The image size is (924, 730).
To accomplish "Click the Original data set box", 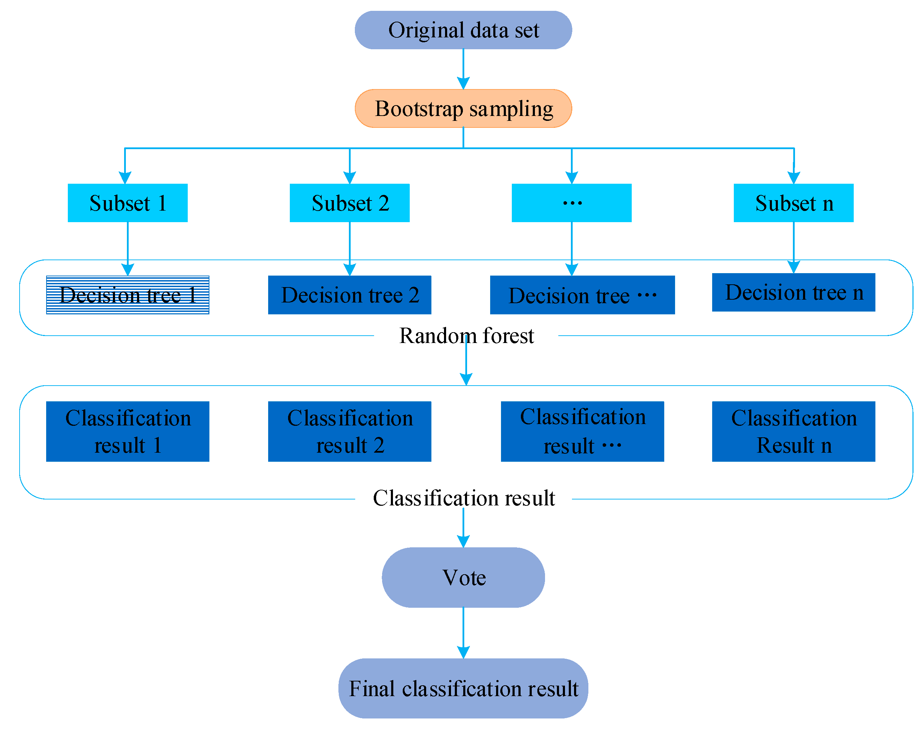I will point(463,30).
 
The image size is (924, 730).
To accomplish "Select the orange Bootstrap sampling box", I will point(463,108).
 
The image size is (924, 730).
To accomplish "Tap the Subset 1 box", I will point(128,203).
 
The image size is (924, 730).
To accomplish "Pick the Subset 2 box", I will point(350,203).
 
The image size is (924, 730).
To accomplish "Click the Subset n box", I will point(793,203).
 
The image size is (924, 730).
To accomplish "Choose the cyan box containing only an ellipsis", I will point(571,203).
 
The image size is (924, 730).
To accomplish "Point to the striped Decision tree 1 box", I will point(128,294).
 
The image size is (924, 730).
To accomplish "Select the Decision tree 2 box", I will point(350,294).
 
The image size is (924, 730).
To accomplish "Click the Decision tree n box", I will point(793,292).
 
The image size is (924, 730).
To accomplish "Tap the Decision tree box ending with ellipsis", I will point(582,294).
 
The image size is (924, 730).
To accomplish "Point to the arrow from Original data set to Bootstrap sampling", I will point(463,68).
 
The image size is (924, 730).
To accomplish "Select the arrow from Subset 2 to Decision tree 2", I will point(350,248).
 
